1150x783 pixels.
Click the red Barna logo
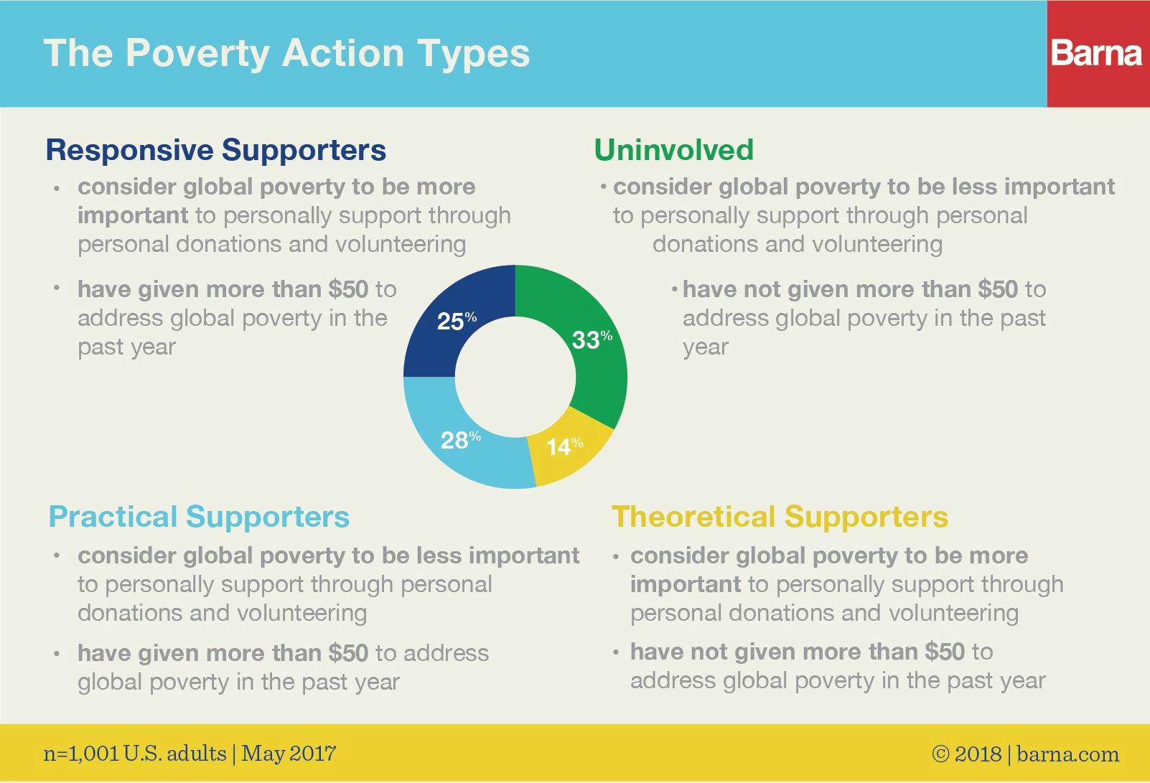(1098, 53)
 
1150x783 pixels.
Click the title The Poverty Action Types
(286, 54)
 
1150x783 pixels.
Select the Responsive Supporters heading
(216, 150)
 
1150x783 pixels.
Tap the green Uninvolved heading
(673, 150)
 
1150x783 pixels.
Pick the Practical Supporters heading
(199, 517)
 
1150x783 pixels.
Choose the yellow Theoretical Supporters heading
(780, 517)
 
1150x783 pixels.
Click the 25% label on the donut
(457, 321)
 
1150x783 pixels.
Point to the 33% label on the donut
(592, 339)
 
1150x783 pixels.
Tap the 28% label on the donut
(461, 440)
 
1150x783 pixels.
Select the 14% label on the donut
(565, 446)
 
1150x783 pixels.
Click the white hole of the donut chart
(515, 377)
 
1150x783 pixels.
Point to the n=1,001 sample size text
(82, 754)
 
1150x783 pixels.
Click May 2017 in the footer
(289, 754)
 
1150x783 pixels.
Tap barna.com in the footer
(1068, 754)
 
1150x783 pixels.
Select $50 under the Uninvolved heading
(998, 289)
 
